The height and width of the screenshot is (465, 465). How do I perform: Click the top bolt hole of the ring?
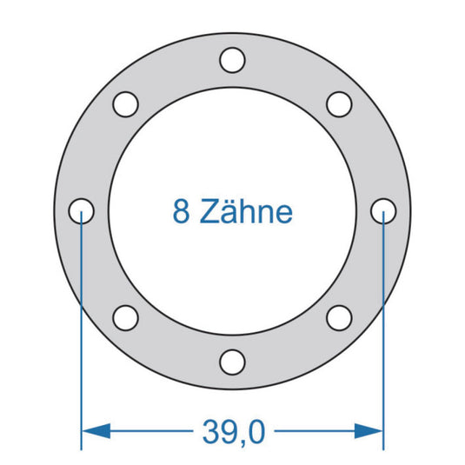232,60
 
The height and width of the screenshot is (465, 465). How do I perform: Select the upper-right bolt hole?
339,103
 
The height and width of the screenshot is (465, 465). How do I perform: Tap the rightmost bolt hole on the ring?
383,210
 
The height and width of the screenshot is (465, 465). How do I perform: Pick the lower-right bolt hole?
339,317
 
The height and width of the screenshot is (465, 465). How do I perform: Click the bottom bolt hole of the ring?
232,361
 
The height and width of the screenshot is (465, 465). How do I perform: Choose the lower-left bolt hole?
125,317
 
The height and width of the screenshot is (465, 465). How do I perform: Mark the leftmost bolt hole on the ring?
81,210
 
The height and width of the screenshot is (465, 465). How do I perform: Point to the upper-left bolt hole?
125,103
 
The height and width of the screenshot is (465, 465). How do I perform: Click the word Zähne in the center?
247,211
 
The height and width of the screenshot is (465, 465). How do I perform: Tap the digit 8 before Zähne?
181,211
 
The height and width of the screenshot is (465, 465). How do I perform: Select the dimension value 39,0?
232,429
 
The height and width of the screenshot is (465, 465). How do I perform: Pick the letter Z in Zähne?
209,211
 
